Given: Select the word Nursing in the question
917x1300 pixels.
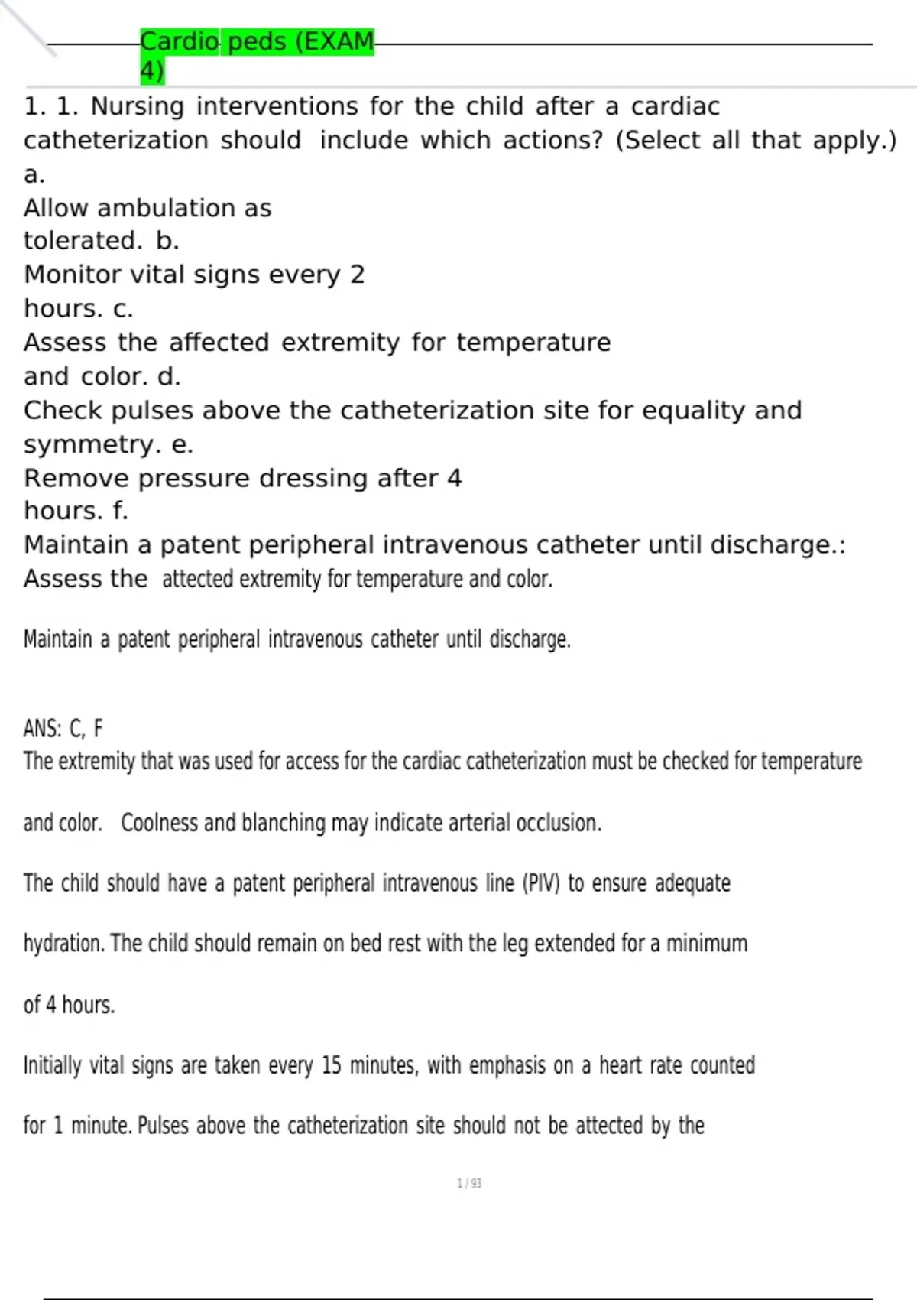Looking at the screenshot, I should pos(138,106).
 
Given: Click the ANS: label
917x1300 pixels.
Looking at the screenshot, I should pos(42,729).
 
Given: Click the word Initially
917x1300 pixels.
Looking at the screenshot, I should pos(52,1065).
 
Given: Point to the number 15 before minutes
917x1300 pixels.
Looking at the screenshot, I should pos(331,1065).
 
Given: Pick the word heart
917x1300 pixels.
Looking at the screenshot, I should pos(620,1065).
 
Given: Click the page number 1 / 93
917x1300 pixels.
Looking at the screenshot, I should pos(469,1184).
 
